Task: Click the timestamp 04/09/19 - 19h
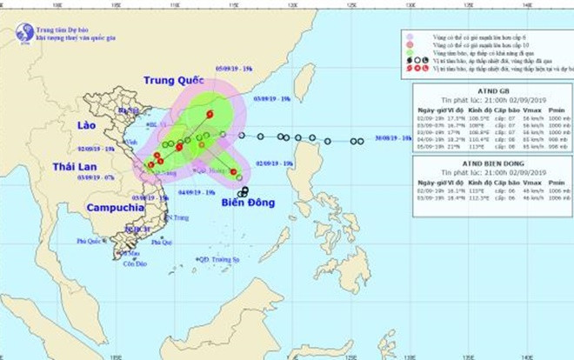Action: click(196, 191)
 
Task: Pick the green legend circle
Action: click(406, 60)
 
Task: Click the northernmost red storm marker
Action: click(210, 113)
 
